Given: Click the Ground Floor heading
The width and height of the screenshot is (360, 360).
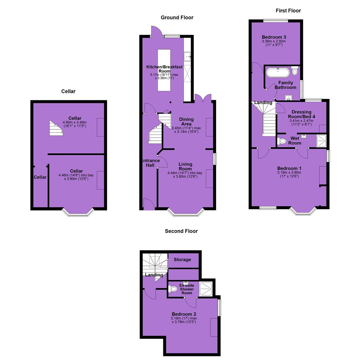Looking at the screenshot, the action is [177, 17].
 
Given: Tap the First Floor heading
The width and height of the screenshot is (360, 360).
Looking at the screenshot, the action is [288, 11].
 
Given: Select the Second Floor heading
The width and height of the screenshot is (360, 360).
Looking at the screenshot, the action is [181, 231].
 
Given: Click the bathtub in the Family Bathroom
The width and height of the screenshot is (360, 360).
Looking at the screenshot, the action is [278, 73].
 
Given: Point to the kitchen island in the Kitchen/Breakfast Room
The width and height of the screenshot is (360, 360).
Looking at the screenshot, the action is [164, 70].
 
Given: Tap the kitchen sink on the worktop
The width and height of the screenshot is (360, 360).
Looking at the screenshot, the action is [187, 56].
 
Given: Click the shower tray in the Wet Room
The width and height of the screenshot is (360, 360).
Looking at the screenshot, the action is [321, 141].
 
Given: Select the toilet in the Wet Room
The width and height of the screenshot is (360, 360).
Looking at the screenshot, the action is [282, 141].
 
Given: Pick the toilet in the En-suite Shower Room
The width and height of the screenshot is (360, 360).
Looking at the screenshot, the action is [173, 289].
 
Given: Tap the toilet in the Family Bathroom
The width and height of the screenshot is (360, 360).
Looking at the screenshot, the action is [295, 70].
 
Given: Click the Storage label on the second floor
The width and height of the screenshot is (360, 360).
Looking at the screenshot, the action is [182, 259].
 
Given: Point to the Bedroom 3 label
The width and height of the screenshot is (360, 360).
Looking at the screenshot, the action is [274, 37].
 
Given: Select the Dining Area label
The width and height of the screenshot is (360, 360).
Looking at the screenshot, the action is [186, 121].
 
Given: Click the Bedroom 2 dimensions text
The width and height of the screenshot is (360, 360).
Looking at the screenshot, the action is [184, 320].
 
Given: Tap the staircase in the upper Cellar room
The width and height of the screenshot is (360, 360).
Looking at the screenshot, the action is [56, 128].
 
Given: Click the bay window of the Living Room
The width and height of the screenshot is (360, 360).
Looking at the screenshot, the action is [186, 213].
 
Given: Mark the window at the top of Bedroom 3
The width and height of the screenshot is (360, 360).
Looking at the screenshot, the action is [275, 20].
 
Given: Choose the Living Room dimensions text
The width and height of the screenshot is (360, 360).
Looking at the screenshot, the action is [185, 175].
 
